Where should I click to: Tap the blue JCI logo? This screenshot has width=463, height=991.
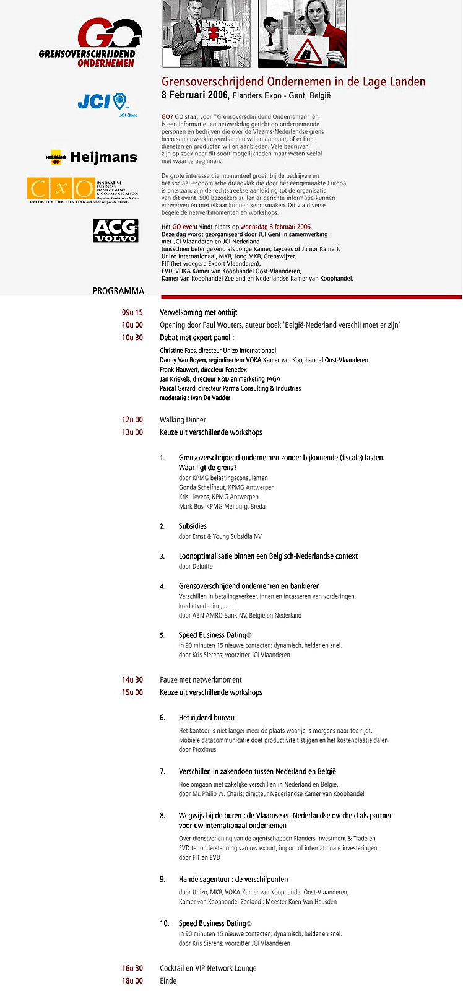pyautogui.click(x=102, y=102)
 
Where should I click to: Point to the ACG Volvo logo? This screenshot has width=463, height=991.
pyautogui.click(x=115, y=231)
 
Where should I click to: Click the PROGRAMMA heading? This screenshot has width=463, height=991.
pyautogui.click(x=118, y=291)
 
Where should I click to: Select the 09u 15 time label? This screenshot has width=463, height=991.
pyautogui.click(x=132, y=313)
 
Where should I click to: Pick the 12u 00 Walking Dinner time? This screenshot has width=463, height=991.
pyautogui.click(x=132, y=420)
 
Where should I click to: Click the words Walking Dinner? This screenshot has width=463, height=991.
pyautogui.click(x=183, y=420)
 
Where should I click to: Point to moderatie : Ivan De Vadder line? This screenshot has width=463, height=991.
pyautogui.click(x=195, y=398)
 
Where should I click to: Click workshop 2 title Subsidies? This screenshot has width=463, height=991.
pyautogui.click(x=193, y=526)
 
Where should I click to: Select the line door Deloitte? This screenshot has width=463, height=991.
pyautogui.click(x=196, y=566)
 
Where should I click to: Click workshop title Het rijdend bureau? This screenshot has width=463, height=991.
pyautogui.click(x=206, y=718)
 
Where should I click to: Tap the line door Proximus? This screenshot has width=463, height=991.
pyautogui.click(x=197, y=749)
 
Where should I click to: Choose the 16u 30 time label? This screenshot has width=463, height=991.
pyautogui.click(x=132, y=968)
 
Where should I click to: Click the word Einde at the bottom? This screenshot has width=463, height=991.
pyautogui.click(x=168, y=981)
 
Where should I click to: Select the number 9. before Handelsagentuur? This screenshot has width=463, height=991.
pyautogui.click(x=163, y=880)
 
